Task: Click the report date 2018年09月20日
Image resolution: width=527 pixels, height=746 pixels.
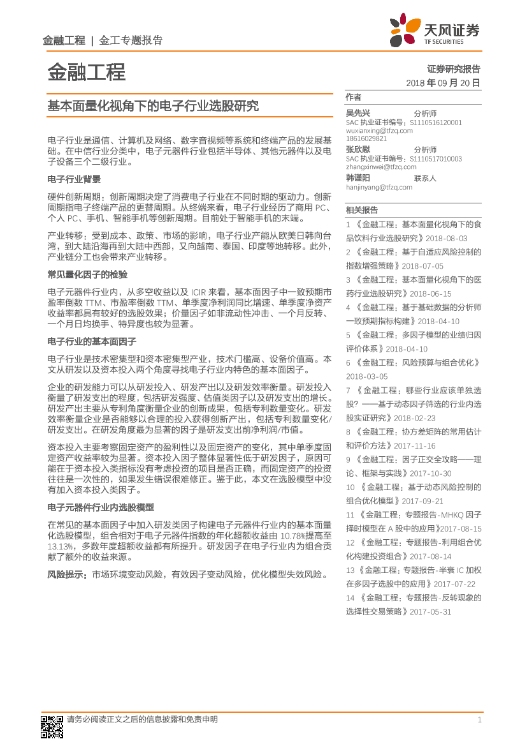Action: tap(442, 83)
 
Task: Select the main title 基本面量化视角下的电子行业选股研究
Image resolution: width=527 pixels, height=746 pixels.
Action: tap(153, 106)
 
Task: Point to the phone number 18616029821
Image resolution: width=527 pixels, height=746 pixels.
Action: tap(366, 138)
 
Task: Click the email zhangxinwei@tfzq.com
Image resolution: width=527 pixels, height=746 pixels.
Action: tap(377, 167)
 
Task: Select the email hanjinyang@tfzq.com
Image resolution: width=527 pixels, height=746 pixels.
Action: tap(379, 188)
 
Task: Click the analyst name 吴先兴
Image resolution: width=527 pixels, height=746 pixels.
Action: tap(357, 113)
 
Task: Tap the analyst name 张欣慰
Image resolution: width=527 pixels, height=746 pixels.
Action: tap(357, 149)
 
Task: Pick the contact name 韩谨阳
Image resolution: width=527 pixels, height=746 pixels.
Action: tap(357, 178)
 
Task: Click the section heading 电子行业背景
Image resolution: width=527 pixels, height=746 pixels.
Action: tap(74, 179)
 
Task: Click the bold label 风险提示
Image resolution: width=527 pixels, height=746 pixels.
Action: tap(67, 574)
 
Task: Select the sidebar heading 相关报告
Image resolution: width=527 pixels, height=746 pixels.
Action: tap(362, 209)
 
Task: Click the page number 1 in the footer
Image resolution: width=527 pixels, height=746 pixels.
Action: tap(479, 720)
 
